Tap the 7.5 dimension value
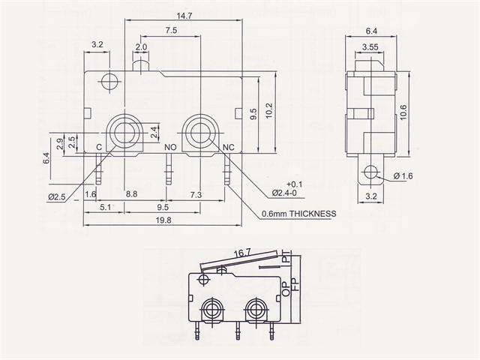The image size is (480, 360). point(171,31)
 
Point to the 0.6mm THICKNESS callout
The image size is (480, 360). point(299,213)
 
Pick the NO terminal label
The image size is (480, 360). point(170,147)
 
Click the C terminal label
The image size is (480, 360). point(99,147)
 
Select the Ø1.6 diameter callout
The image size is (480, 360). point(403,176)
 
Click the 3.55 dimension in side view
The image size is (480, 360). point(369,48)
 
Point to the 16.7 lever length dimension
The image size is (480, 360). point(241,255)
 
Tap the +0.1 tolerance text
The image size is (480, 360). point(294,184)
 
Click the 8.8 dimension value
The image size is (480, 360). point(130,194)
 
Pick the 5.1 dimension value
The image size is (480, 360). point(105,206)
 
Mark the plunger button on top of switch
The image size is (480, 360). point(141,67)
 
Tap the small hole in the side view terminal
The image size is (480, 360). point(368,173)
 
